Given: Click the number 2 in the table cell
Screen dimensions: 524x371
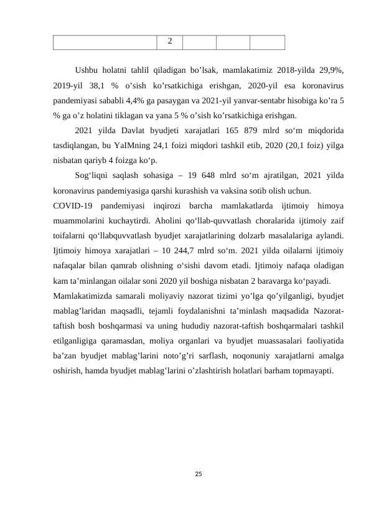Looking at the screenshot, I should click(170, 42).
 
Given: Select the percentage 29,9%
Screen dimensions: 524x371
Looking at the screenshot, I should click(333, 70).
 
